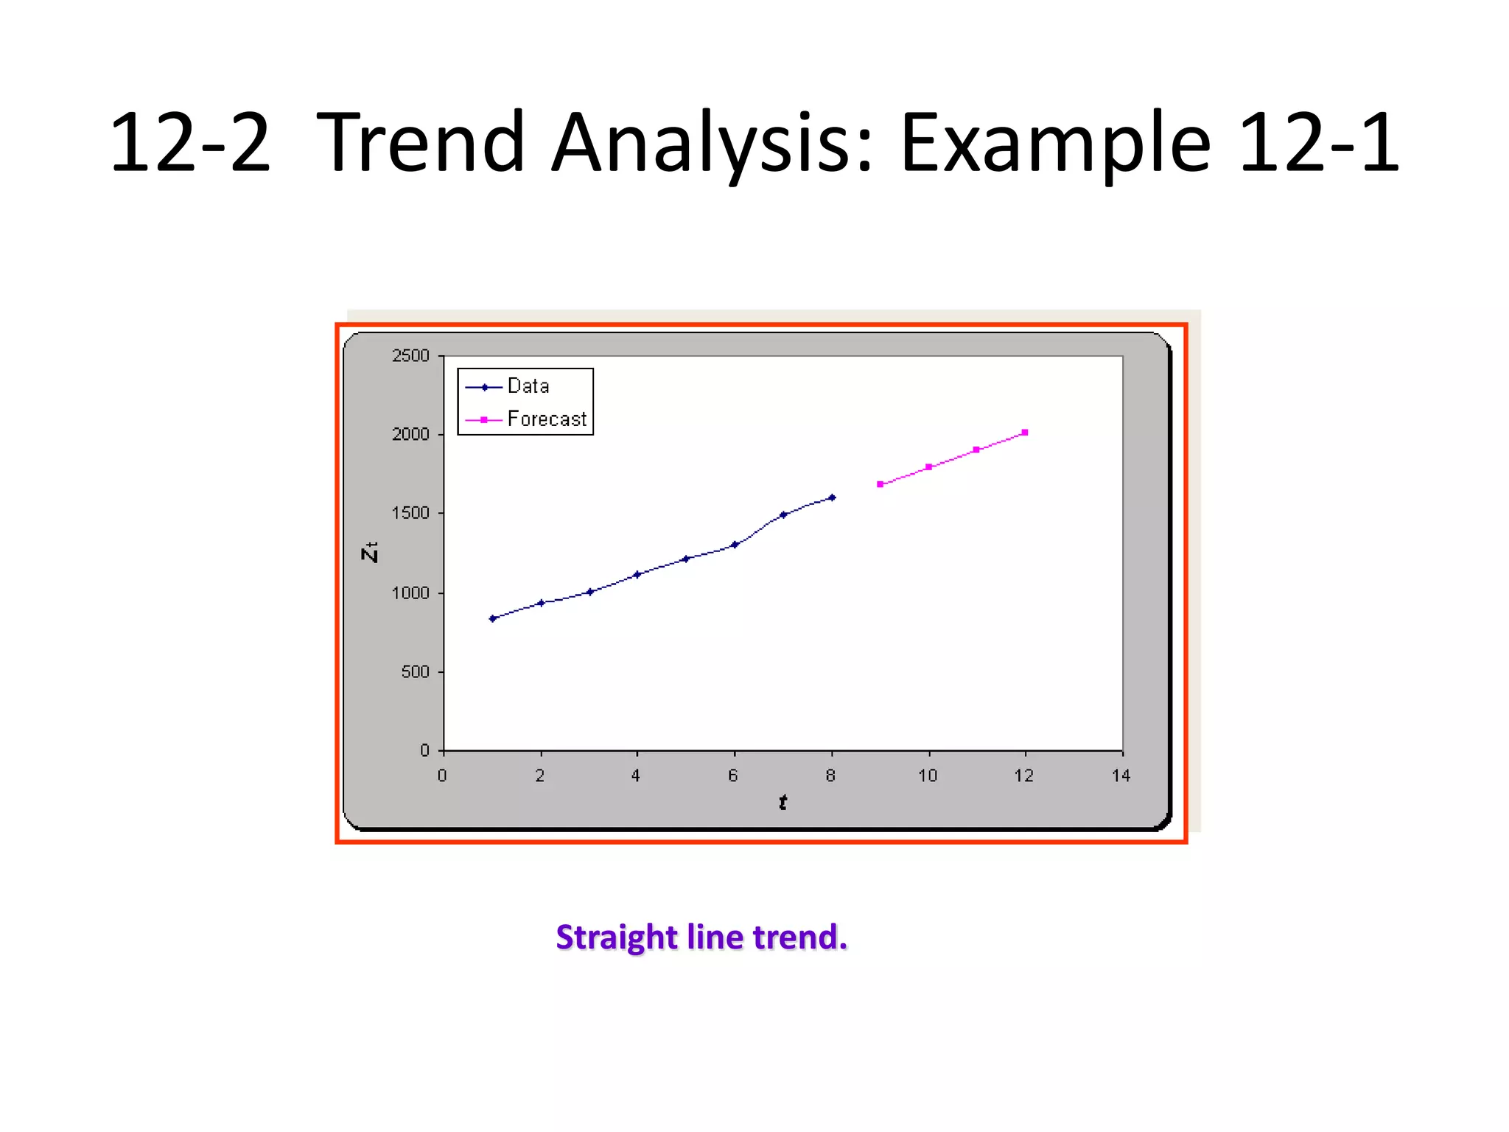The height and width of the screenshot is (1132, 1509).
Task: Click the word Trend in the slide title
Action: pyautogui.click(x=420, y=141)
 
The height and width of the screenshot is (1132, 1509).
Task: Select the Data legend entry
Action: pyautogui.click(x=528, y=386)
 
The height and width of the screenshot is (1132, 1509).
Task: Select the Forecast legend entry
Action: pyautogui.click(x=546, y=419)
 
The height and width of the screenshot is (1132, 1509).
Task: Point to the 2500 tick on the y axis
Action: pyautogui.click(x=410, y=356)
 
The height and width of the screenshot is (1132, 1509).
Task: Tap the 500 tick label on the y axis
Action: pyautogui.click(x=415, y=672)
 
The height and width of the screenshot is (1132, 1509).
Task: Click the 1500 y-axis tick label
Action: pyautogui.click(x=410, y=513)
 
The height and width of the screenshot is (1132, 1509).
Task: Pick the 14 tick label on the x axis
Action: pyautogui.click(x=1121, y=775)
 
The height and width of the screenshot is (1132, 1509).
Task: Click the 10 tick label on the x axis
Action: pyautogui.click(x=928, y=775)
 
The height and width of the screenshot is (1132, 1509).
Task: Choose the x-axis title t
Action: pyautogui.click(x=782, y=802)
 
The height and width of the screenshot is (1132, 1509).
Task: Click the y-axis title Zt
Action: pyautogui.click(x=370, y=551)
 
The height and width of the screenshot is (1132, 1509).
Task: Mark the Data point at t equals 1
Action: pyautogui.click(x=493, y=618)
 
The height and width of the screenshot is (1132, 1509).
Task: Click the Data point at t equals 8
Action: pyautogui.click(x=832, y=497)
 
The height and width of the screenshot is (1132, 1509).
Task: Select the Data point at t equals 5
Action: pyautogui.click(x=686, y=559)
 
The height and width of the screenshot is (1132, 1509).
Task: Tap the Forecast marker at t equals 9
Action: pyautogui.click(x=880, y=484)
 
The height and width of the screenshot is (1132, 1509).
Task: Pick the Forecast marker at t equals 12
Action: pyautogui.click(x=1025, y=433)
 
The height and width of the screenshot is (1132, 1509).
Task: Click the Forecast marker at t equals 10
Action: pyautogui.click(x=929, y=467)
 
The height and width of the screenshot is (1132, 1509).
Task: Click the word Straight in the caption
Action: pyautogui.click(x=616, y=937)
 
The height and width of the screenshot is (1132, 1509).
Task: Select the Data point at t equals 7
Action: pyautogui.click(x=783, y=514)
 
